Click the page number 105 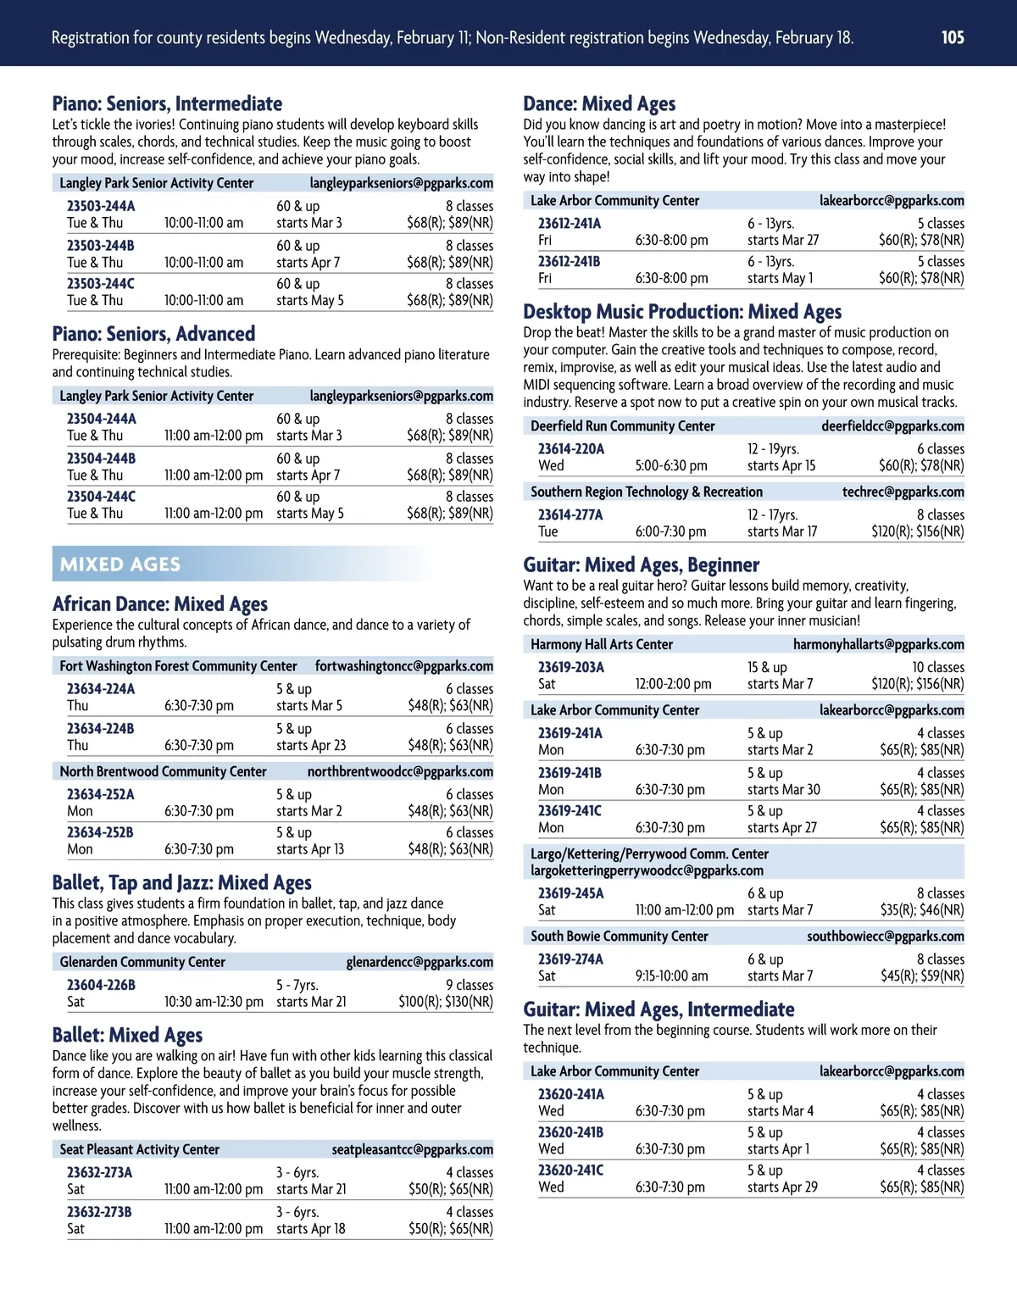pyautogui.click(x=953, y=37)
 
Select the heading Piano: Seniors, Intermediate pyautogui.click(x=167, y=104)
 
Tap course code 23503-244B pyautogui.click(x=101, y=246)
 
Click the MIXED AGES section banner pyautogui.click(x=120, y=564)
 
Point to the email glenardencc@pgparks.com pyautogui.click(x=420, y=962)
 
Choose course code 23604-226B pyautogui.click(x=101, y=985)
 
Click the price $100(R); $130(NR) pyautogui.click(x=446, y=1002)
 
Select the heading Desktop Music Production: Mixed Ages pyautogui.click(x=682, y=312)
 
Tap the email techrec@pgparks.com pyautogui.click(x=903, y=492)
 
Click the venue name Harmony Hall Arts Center pyautogui.click(x=602, y=644)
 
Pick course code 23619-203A pyautogui.click(x=571, y=667)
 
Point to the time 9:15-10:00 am pyautogui.click(x=672, y=976)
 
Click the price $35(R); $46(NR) pyautogui.click(x=922, y=910)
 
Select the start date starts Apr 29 pyautogui.click(x=782, y=1187)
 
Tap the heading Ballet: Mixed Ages pyautogui.click(x=127, y=1036)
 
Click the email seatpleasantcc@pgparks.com pyautogui.click(x=412, y=1150)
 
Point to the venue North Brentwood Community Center pyautogui.click(x=163, y=772)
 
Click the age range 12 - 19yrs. pyautogui.click(x=773, y=449)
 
